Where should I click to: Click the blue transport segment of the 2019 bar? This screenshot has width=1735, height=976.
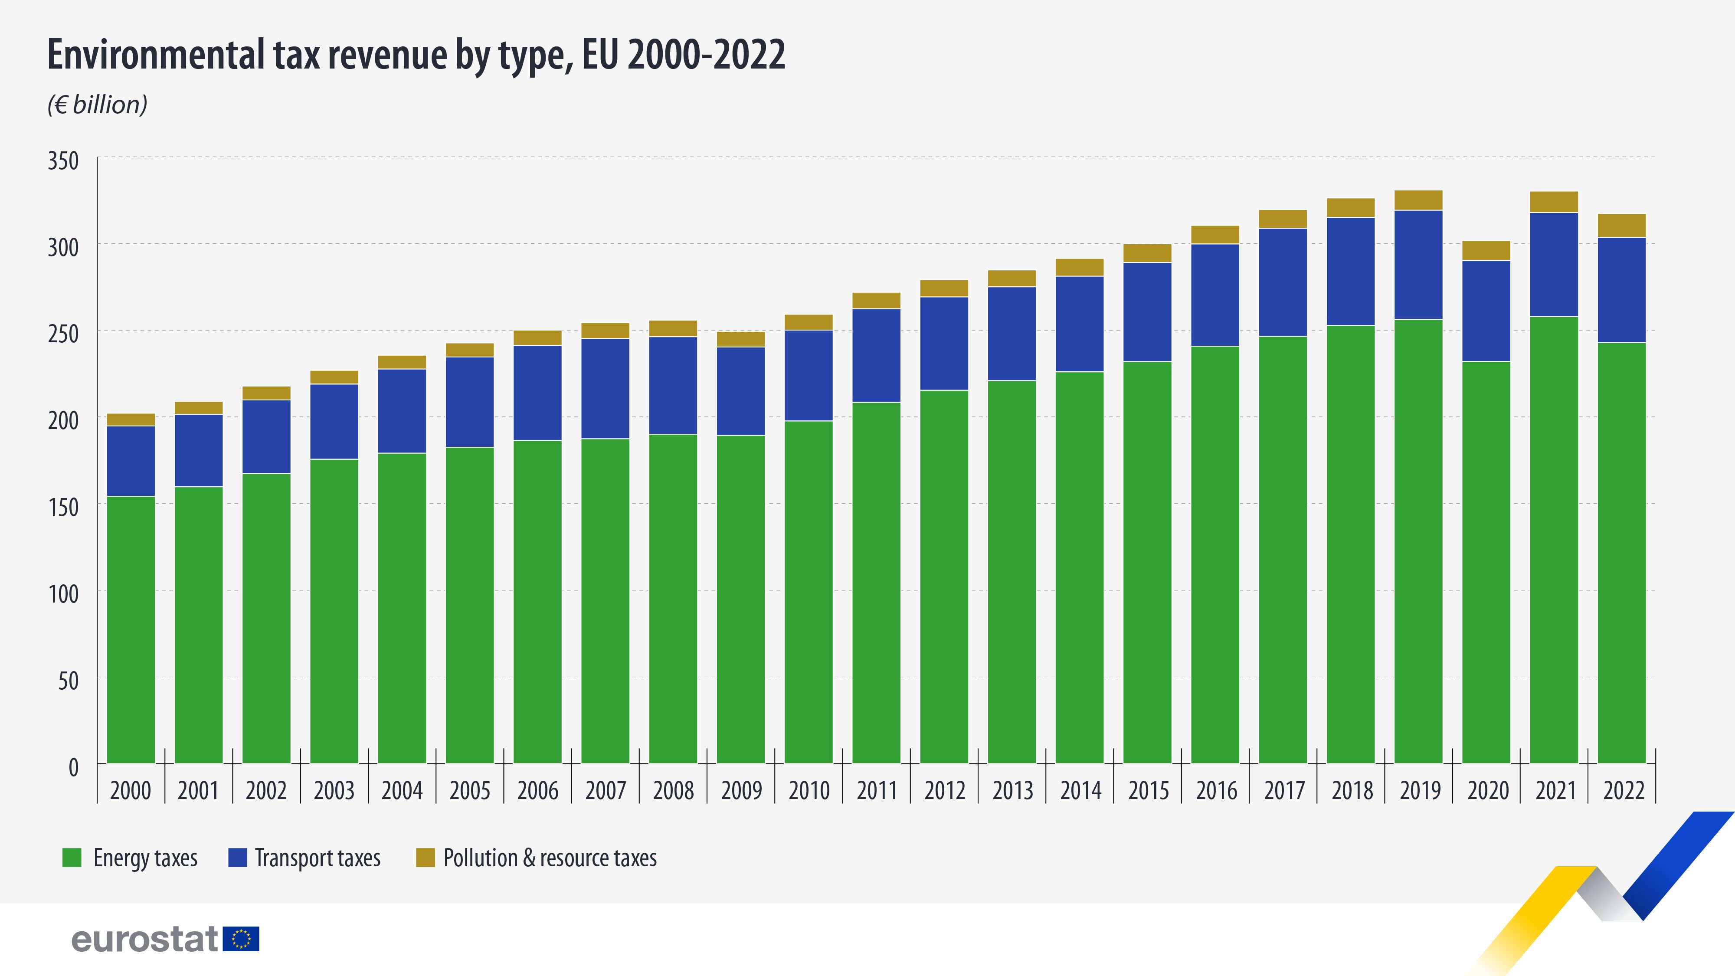(x=1418, y=265)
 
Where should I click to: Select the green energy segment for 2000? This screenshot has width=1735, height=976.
(x=131, y=630)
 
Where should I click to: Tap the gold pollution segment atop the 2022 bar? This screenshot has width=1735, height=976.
(x=1621, y=226)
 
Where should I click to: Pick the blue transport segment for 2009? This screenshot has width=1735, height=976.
(x=740, y=391)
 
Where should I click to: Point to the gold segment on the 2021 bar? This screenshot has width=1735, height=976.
(x=1554, y=202)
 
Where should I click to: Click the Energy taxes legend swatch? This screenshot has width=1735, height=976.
(x=72, y=858)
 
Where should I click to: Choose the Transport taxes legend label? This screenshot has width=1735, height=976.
(x=317, y=858)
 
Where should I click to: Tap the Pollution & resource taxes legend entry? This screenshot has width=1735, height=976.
(x=549, y=858)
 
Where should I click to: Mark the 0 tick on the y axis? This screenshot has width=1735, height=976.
(x=73, y=767)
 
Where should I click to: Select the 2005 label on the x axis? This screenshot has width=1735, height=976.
(x=469, y=790)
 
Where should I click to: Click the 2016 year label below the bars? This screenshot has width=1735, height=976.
(x=1216, y=790)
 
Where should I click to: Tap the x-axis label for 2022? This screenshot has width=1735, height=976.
(x=1623, y=790)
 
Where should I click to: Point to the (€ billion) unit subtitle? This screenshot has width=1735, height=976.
(x=97, y=105)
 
